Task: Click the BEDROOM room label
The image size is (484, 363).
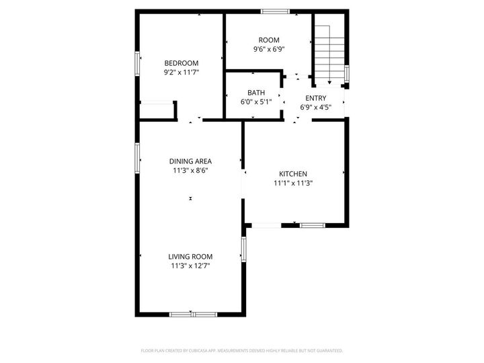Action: click(x=182, y=63)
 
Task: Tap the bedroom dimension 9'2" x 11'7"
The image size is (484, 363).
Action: click(x=182, y=72)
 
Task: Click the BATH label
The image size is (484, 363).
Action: click(x=256, y=93)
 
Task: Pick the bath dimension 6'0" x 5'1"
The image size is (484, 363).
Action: click(x=256, y=102)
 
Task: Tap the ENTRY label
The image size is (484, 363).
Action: click(x=315, y=98)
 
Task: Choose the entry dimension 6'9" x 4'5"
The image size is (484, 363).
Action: click(x=315, y=107)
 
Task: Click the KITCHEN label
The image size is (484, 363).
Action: click(x=294, y=173)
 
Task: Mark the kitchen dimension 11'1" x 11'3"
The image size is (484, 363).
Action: click(x=294, y=183)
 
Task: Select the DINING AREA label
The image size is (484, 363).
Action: click(x=190, y=161)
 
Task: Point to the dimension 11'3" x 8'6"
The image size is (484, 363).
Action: click(x=190, y=170)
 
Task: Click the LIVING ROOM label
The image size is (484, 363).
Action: click(x=190, y=257)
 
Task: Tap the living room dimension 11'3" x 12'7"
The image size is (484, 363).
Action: click(x=190, y=266)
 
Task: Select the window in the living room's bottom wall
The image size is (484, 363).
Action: click(x=193, y=314)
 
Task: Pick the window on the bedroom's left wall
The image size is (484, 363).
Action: click(x=138, y=64)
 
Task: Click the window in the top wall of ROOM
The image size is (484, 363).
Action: click(x=275, y=11)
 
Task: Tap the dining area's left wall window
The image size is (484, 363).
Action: click(x=138, y=157)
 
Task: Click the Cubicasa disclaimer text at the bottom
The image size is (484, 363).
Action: click(x=242, y=350)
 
